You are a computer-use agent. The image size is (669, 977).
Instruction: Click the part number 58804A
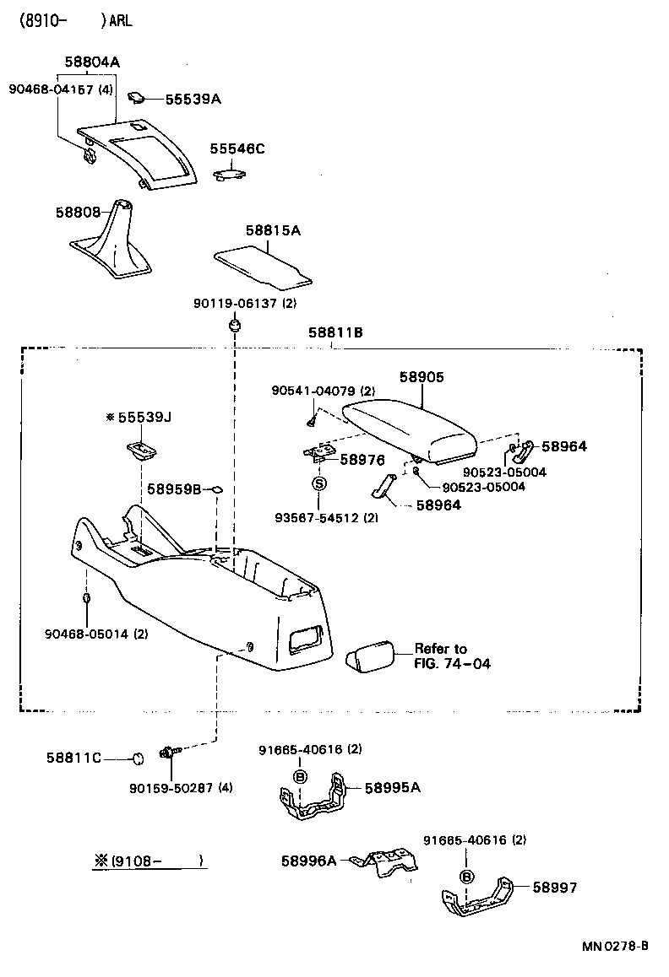click(x=92, y=62)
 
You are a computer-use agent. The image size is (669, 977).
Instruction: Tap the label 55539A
click(x=193, y=100)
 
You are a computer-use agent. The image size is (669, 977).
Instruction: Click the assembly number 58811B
click(x=334, y=333)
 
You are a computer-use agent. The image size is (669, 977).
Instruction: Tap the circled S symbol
click(x=319, y=483)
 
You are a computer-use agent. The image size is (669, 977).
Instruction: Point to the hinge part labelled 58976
click(x=318, y=454)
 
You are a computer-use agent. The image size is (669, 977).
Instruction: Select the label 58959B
click(x=174, y=488)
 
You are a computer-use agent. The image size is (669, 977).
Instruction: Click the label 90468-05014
click(x=95, y=633)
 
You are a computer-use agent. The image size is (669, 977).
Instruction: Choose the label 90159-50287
click(x=181, y=788)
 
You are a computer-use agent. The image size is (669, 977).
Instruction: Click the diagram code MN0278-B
click(x=613, y=946)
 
